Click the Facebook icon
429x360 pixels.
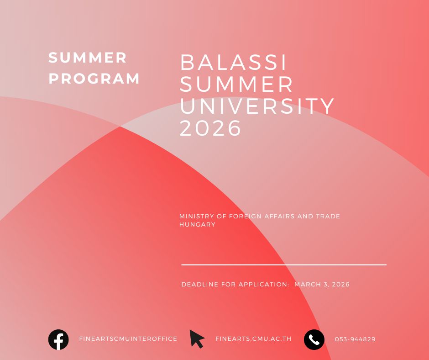(58, 339)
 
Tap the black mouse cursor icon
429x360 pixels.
(197, 339)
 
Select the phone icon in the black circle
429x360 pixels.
(314, 339)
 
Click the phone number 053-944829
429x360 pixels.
(355, 339)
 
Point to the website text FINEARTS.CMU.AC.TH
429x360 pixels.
(253, 339)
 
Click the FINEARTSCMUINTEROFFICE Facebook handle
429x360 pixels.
(128, 339)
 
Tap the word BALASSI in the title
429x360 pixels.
(233, 62)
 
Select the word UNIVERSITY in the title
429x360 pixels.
(257, 106)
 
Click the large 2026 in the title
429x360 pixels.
(210, 127)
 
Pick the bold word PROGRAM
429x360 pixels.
(94, 79)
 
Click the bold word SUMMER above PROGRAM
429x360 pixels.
(88, 58)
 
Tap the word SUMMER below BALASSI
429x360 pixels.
(236, 84)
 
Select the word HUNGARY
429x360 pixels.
(197, 224)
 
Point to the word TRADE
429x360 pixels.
(328, 216)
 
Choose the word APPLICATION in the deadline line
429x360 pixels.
(263, 284)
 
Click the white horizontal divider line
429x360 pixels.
(284, 265)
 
